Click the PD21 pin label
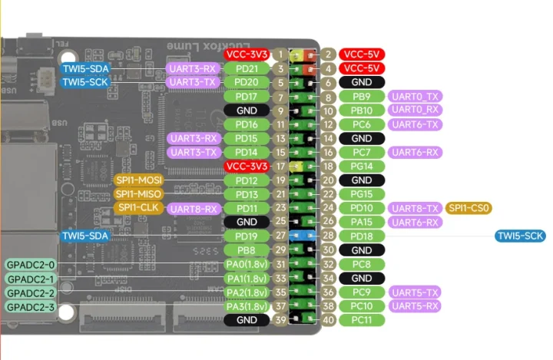pyautogui.click(x=247, y=69)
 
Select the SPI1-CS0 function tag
pyautogui.click(x=469, y=208)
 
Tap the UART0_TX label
pyautogui.click(x=415, y=97)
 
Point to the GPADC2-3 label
pyautogui.click(x=30, y=306)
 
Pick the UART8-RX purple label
pyautogui.click(x=195, y=208)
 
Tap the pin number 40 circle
pyautogui.click(x=328, y=319)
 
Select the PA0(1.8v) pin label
pyautogui.click(x=247, y=264)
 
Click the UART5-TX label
pyautogui.click(x=415, y=292)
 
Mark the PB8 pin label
pyautogui.click(x=247, y=250)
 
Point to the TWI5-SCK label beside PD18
pyautogui.click(x=521, y=236)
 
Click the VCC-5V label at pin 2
pyautogui.click(x=362, y=54)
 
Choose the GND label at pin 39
pyautogui.click(x=247, y=319)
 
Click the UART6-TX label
pyautogui.click(x=415, y=124)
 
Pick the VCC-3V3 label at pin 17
pyautogui.click(x=247, y=167)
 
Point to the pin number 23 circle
pyautogui.click(x=281, y=208)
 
